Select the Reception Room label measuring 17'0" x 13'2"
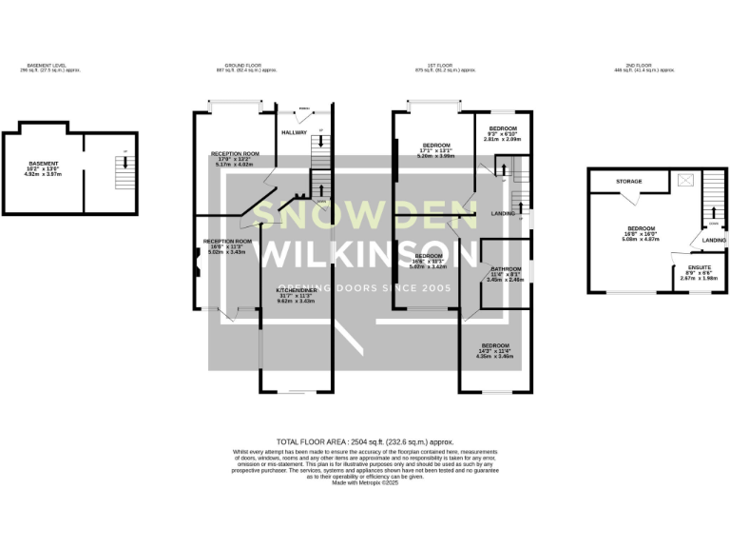click(235, 156)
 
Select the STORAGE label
click(629, 181)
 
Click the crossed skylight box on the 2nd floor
click(684, 179)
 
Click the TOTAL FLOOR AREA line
click(364, 442)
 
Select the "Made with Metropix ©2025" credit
click(364, 483)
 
